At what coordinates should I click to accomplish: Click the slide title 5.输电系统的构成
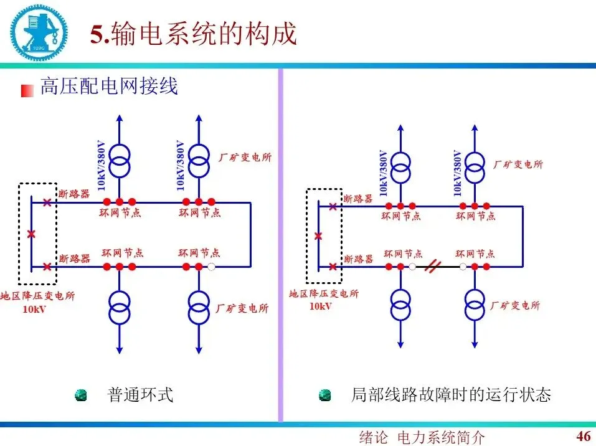point(193,35)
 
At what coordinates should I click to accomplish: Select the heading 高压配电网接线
point(109,86)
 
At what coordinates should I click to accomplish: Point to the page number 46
point(584,435)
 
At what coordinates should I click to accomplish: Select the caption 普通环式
point(140,395)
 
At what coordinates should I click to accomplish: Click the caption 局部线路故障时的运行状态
point(451,395)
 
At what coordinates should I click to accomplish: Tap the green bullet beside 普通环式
point(81,396)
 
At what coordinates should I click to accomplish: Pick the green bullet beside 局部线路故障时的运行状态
point(324,396)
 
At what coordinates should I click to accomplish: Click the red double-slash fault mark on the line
point(433,267)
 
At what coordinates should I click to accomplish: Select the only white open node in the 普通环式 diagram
point(212,267)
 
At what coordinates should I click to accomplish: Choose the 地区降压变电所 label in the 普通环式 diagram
point(38,296)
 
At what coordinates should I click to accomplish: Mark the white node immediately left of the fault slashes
point(412,267)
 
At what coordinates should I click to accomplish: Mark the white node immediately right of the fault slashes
point(463,267)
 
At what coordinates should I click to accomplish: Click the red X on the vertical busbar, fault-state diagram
point(318,236)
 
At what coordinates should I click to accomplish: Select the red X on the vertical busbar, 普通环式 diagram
point(32,234)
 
